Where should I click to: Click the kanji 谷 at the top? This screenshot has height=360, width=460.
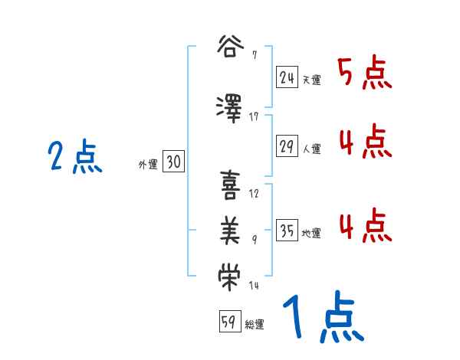click(x=230, y=47)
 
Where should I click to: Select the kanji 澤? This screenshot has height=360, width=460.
click(x=230, y=106)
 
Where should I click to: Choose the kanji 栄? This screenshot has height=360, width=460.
click(x=230, y=276)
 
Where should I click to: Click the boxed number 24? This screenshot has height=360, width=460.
click(x=287, y=77)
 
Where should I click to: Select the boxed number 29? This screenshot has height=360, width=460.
click(x=287, y=147)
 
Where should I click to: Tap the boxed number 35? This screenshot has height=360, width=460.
click(x=287, y=231)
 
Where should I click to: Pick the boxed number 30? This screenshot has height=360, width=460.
click(x=173, y=162)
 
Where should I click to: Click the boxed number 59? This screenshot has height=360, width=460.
click(x=228, y=322)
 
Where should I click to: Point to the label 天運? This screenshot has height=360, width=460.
click(x=311, y=80)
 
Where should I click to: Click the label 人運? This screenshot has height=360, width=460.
click(x=311, y=149)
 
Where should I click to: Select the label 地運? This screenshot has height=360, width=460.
click(x=311, y=234)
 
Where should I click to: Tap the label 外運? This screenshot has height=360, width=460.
click(x=147, y=164)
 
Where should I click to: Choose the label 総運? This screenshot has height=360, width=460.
click(x=255, y=325)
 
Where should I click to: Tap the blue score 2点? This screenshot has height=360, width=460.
click(x=74, y=158)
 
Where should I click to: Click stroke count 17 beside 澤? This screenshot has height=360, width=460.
click(x=255, y=116)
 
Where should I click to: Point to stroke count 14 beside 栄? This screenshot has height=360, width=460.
click(x=255, y=286)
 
